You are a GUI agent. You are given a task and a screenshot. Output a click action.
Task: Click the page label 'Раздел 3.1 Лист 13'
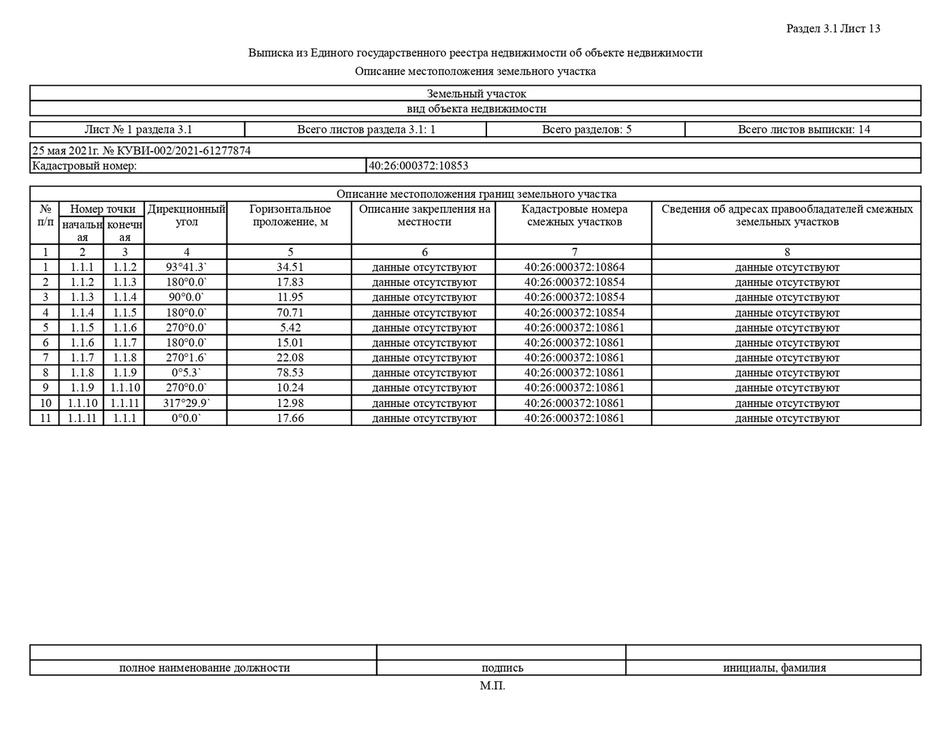point(833,29)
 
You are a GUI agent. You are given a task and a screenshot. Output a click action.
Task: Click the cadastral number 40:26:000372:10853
point(418,165)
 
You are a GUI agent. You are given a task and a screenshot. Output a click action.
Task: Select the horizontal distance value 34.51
point(290,267)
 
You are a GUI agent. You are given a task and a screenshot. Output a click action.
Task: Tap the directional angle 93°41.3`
point(186,267)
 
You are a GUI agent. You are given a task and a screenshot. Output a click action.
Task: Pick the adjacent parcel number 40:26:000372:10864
point(573,267)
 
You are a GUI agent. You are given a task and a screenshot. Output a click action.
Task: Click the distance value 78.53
point(290,373)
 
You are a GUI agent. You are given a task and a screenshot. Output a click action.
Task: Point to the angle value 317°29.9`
point(186,403)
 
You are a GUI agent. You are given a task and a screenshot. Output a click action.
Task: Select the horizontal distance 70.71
point(290,313)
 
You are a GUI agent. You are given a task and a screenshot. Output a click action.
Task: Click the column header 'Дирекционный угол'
point(186,215)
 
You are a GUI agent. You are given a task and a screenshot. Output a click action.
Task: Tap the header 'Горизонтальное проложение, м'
point(290,215)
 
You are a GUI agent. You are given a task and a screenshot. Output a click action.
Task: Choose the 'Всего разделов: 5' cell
point(586,129)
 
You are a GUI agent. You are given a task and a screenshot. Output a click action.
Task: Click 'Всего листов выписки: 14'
point(803,129)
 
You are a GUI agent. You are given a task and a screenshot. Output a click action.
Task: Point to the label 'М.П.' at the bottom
point(492,685)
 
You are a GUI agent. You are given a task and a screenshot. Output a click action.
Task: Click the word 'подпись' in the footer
point(502,668)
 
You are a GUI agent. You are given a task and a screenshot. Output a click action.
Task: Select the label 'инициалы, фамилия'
point(774,668)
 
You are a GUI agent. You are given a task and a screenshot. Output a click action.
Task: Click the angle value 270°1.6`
point(186,358)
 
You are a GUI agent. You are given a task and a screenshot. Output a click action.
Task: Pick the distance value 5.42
point(290,328)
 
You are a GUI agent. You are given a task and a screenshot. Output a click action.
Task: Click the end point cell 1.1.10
point(124,388)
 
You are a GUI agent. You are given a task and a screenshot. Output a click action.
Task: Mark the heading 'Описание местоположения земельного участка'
point(475,71)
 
